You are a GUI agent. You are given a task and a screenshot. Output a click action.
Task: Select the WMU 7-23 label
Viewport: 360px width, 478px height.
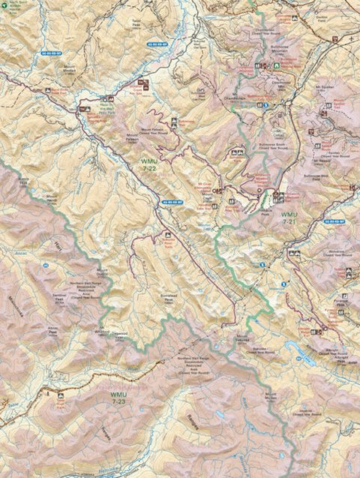[x=119, y=396]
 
